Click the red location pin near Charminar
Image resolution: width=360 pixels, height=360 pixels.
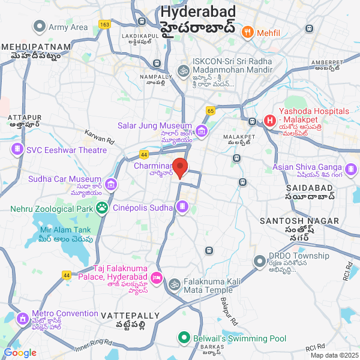click(x=181, y=166)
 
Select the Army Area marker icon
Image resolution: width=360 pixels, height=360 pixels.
click(x=40, y=26)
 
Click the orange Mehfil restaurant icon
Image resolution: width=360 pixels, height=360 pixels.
click(x=247, y=32)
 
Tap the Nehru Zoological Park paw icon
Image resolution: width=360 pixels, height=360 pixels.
click(x=103, y=208)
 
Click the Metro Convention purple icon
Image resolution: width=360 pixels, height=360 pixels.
click(x=22, y=318)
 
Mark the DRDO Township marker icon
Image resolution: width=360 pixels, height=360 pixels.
click(x=259, y=261)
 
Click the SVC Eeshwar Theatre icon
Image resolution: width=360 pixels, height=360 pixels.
click(x=17, y=149)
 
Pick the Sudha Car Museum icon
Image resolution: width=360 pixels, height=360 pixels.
click(x=110, y=184)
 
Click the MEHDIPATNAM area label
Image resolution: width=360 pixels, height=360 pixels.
click(x=36, y=47)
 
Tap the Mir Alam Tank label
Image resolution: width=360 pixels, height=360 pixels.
click(x=65, y=230)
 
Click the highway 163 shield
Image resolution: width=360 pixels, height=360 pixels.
click(x=105, y=25)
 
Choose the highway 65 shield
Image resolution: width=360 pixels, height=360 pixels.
click(x=211, y=110)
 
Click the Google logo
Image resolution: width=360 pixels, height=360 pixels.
click(x=20, y=353)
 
